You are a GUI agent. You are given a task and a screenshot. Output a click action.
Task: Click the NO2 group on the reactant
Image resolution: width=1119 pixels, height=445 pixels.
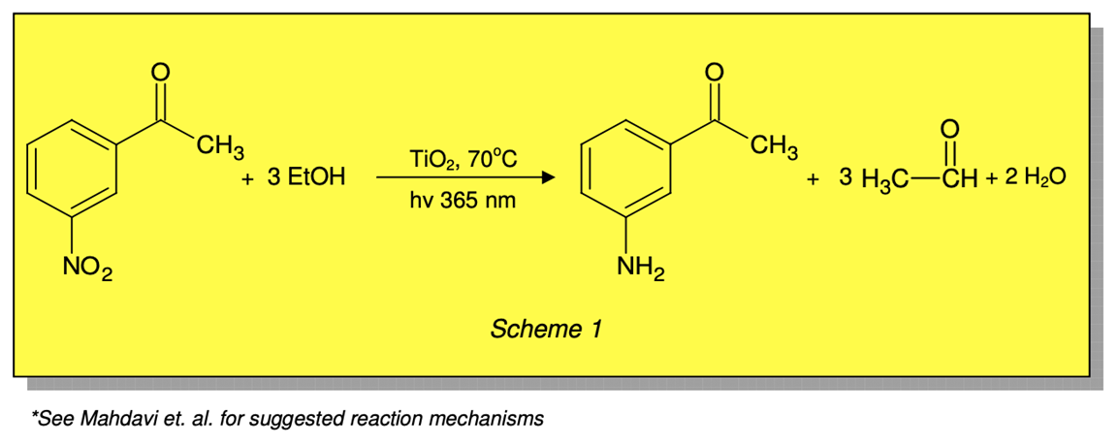(87, 266)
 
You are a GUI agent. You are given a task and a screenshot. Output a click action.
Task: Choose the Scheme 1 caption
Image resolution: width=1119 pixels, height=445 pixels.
(546, 330)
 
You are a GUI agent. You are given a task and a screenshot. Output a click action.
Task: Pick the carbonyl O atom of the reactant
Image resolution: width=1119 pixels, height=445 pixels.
(162, 70)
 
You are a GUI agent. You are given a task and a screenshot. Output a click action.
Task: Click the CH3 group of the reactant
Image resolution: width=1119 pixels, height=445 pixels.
(219, 148)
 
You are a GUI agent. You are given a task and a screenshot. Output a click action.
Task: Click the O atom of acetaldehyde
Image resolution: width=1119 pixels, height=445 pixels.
(949, 127)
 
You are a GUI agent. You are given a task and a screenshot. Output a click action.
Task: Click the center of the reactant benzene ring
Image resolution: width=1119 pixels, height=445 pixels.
(74, 169)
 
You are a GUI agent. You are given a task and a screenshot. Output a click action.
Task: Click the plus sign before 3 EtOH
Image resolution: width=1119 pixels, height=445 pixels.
(248, 179)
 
